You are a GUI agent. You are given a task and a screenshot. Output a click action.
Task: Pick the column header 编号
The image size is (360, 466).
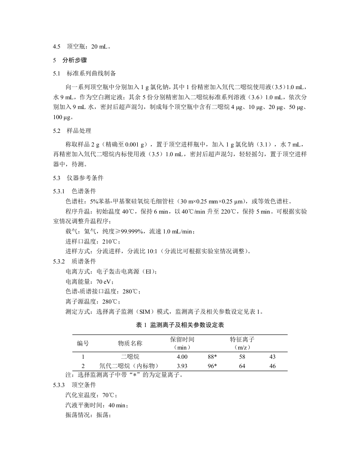[83, 343]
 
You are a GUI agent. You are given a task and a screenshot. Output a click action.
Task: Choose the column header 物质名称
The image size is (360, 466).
[130, 343]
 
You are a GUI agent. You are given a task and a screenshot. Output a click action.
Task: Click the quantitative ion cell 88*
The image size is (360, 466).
[212, 356]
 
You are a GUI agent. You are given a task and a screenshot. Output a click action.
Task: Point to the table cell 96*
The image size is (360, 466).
[212, 366]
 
